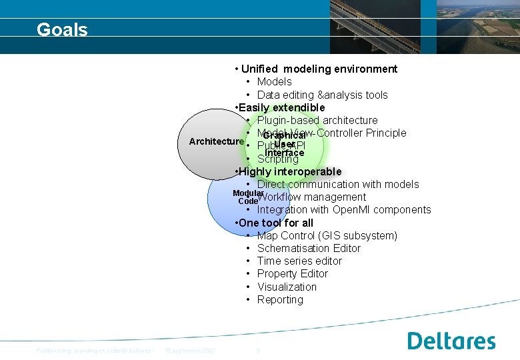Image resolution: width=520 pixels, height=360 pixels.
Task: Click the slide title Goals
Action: tap(62, 29)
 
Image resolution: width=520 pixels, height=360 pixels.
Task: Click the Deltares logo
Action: tap(451, 341)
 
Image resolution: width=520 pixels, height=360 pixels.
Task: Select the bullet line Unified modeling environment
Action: tap(319, 69)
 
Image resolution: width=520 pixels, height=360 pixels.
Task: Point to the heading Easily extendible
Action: tap(281, 107)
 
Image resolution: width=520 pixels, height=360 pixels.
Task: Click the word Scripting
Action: tap(278, 159)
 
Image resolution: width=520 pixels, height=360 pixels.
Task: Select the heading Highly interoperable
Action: tap(289, 171)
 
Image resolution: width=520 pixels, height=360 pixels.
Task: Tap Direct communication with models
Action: tap(338, 184)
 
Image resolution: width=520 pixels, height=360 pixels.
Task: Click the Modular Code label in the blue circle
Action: tap(244, 197)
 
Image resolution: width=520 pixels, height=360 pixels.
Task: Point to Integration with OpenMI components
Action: tap(344, 209)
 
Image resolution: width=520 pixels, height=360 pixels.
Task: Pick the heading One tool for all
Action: tap(276, 223)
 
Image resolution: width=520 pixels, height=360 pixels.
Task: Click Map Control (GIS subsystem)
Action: tap(327, 235)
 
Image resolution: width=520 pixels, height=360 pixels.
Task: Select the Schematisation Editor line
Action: tap(309, 248)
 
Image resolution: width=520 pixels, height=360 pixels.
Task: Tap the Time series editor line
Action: tap(299, 261)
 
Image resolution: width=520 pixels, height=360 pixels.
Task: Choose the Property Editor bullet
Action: tap(293, 273)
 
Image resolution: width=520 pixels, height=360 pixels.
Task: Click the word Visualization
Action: tap(287, 287)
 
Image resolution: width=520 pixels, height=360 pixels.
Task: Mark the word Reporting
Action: tap(280, 299)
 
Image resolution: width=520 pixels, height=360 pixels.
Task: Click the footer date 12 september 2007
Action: tap(190, 351)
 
